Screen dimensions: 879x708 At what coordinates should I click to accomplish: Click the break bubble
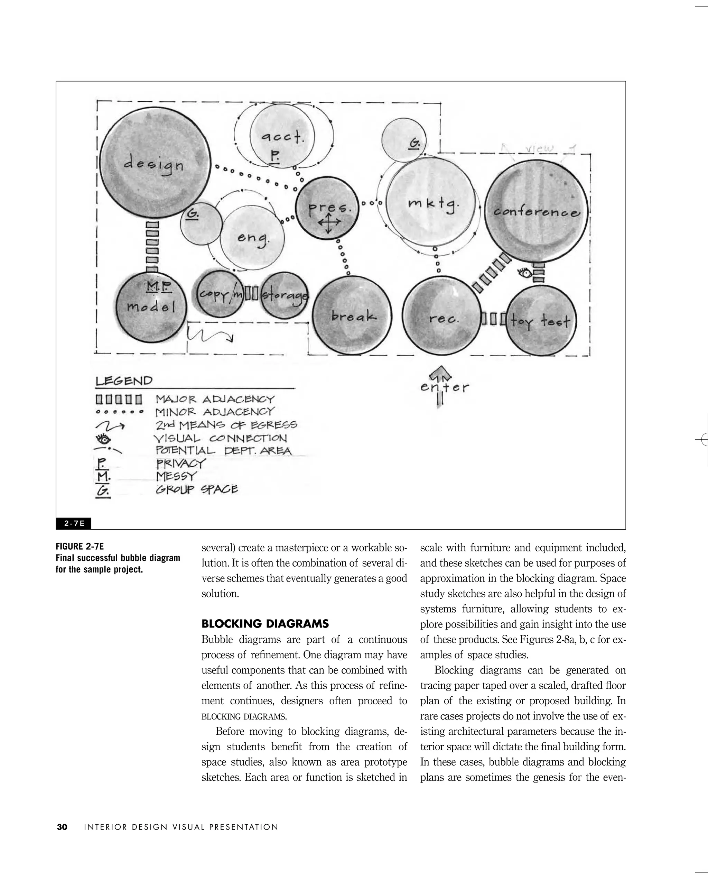click(352, 316)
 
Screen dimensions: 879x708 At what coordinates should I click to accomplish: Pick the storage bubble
click(284, 295)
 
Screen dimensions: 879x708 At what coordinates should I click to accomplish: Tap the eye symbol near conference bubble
click(525, 272)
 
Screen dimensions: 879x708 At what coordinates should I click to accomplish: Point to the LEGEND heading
click(124, 381)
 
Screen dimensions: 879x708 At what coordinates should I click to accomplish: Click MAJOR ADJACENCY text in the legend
click(215, 399)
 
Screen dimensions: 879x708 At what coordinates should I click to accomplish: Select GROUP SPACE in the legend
click(197, 489)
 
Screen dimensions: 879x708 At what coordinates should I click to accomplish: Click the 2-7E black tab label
click(74, 524)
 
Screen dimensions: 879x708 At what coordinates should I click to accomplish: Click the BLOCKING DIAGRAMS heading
click(265, 624)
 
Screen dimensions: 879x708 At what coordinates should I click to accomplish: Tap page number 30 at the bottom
click(62, 827)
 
